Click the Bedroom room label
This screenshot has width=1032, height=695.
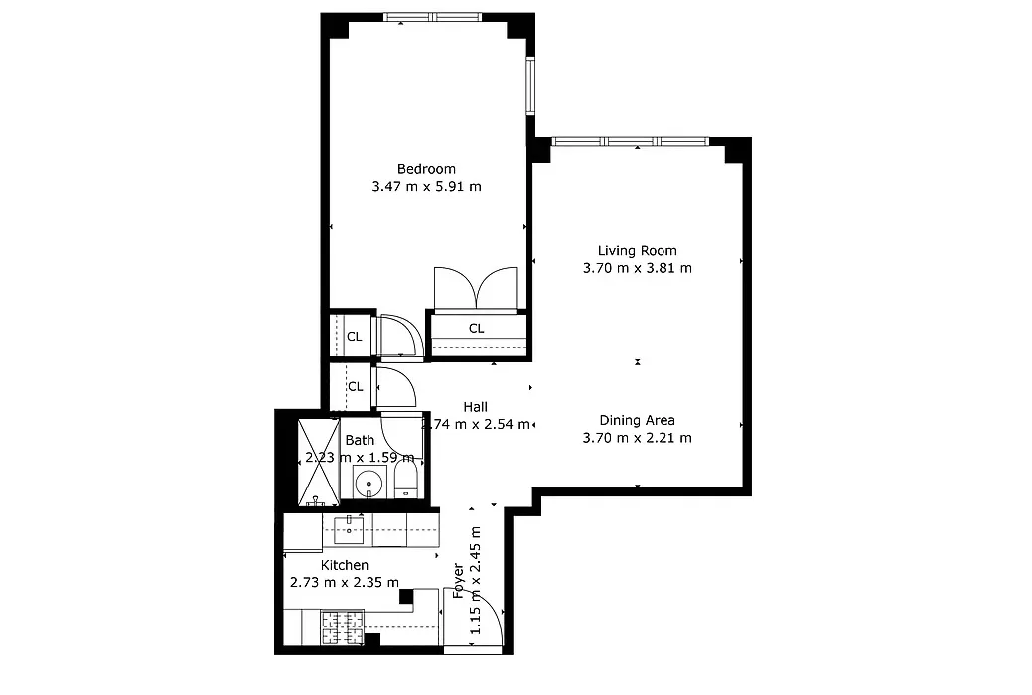(x=426, y=169)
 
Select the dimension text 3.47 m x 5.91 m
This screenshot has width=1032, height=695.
(x=426, y=186)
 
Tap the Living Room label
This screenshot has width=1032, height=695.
(x=637, y=251)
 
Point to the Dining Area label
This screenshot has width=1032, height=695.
(x=637, y=420)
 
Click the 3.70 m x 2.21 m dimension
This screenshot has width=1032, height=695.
(x=637, y=437)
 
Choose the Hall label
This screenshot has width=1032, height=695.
(x=475, y=407)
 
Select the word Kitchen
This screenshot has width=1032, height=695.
(x=344, y=565)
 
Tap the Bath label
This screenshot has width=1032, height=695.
(x=360, y=440)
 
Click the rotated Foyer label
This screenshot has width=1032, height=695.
(x=458, y=581)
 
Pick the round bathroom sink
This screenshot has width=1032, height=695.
(x=369, y=486)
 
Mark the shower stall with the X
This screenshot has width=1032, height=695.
(x=318, y=460)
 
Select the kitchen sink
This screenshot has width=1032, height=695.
(x=349, y=529)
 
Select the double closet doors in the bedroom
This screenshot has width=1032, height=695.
(x=476, y=289)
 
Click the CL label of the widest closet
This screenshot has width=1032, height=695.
(x=476, y=328)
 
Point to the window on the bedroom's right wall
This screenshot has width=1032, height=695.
(x=530, y=86)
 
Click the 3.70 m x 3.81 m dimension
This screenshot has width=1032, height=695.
(x=637, y=268)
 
